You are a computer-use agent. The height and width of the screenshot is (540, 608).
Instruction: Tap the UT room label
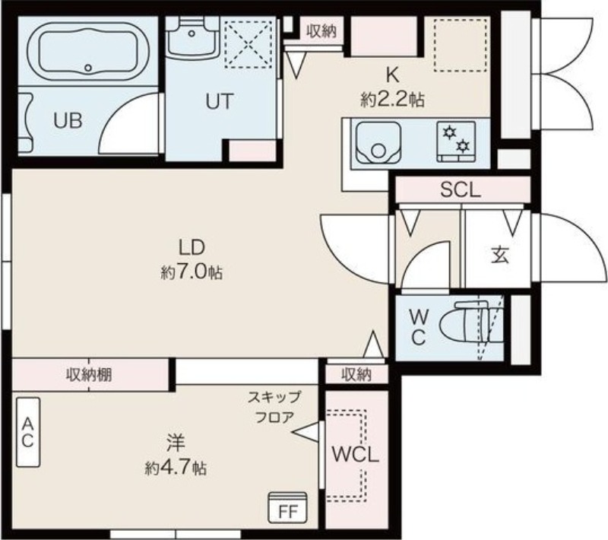coord(220,102)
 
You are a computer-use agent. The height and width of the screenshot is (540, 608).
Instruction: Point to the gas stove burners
coord(456,141)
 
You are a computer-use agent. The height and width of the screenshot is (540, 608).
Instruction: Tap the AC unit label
coord(27,432)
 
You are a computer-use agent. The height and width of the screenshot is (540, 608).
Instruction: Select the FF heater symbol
coord(288,507)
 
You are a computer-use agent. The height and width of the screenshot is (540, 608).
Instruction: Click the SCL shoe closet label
coord(461,190)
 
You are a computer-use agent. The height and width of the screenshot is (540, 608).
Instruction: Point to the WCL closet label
coord(355,455)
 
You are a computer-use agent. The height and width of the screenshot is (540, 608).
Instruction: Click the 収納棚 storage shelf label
coord(89,375)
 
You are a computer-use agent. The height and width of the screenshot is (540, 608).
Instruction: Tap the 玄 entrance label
coord(500,256)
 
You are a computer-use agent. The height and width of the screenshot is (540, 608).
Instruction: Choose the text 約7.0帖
coord(192,273)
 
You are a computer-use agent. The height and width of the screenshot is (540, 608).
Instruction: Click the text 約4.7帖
coord(176,469)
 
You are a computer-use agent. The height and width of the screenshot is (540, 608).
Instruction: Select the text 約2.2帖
coord(392,100)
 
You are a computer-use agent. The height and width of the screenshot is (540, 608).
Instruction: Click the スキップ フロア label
coord(274,407)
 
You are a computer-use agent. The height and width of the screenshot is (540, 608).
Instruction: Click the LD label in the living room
coord(192,247)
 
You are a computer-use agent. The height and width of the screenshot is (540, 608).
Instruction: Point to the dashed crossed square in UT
coord(249,44)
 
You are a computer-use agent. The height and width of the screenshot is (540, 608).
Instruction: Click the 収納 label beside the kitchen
coord(321,31)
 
